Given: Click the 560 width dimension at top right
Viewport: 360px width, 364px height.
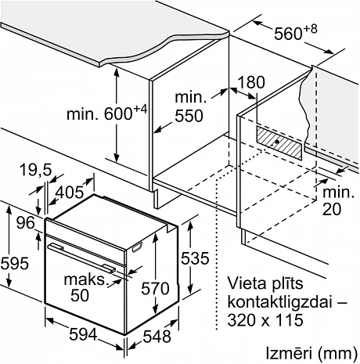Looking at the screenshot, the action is [x=296, y=33].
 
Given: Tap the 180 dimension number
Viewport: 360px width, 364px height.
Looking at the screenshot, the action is [x=251, y=82].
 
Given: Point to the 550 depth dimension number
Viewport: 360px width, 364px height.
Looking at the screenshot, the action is [x=189, y=116].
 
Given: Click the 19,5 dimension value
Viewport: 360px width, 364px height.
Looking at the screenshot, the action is [x=36, y=171].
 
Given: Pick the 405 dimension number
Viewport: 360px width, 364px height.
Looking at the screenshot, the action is [x=70, y=193].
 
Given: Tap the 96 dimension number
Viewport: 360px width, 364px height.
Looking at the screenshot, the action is [x=26, y=223].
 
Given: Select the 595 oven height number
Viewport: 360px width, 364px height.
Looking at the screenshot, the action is [x=14, y=263].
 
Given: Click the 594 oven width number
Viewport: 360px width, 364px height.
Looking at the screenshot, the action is [x=83, y=335].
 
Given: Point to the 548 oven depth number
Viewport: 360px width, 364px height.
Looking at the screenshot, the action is [x=157, y=337].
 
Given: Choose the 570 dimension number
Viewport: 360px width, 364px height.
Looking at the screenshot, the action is [x=155, y=289].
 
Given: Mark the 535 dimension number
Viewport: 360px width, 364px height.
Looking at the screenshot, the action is [x=195, y=258].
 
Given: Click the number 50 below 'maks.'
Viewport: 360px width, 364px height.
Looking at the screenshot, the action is [x=80, y=295].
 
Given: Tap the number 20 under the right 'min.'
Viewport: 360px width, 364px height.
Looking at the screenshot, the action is [x=332, y=209].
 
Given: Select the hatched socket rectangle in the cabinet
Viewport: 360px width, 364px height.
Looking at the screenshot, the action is [x=279, y=142].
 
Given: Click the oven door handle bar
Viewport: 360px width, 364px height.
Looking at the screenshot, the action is [x=81, y=258].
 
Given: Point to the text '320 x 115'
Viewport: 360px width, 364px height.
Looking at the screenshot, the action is [x=265, y=319].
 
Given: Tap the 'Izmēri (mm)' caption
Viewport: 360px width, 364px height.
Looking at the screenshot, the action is [x=311, y=353].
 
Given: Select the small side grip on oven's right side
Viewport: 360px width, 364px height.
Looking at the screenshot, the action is [x=137, y=247].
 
